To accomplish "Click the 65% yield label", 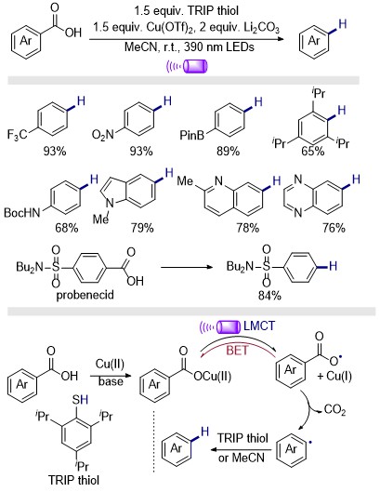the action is coord(312,152).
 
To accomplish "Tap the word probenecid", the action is coord(85,295).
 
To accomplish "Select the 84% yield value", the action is coord(269,296).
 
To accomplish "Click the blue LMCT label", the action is coord(259,326).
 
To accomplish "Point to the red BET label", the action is coord(237,351).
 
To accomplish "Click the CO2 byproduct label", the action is coord(334,410).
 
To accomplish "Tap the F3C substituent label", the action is coord(17,134).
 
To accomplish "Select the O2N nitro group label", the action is coord(102,135).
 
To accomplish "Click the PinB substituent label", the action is coord(191,135).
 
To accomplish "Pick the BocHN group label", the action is coord(22,213).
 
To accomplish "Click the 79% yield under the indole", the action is coord(142,228).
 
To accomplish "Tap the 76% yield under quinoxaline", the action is coord(334,228).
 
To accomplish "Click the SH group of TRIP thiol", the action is coord(80,400).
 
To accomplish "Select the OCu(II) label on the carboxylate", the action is coord(213,376).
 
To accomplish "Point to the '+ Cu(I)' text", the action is coord(334,376).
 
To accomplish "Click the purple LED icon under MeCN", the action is coord(187,66).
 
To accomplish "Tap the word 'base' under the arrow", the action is coord(111,381).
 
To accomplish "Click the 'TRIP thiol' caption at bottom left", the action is coord(74,480).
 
